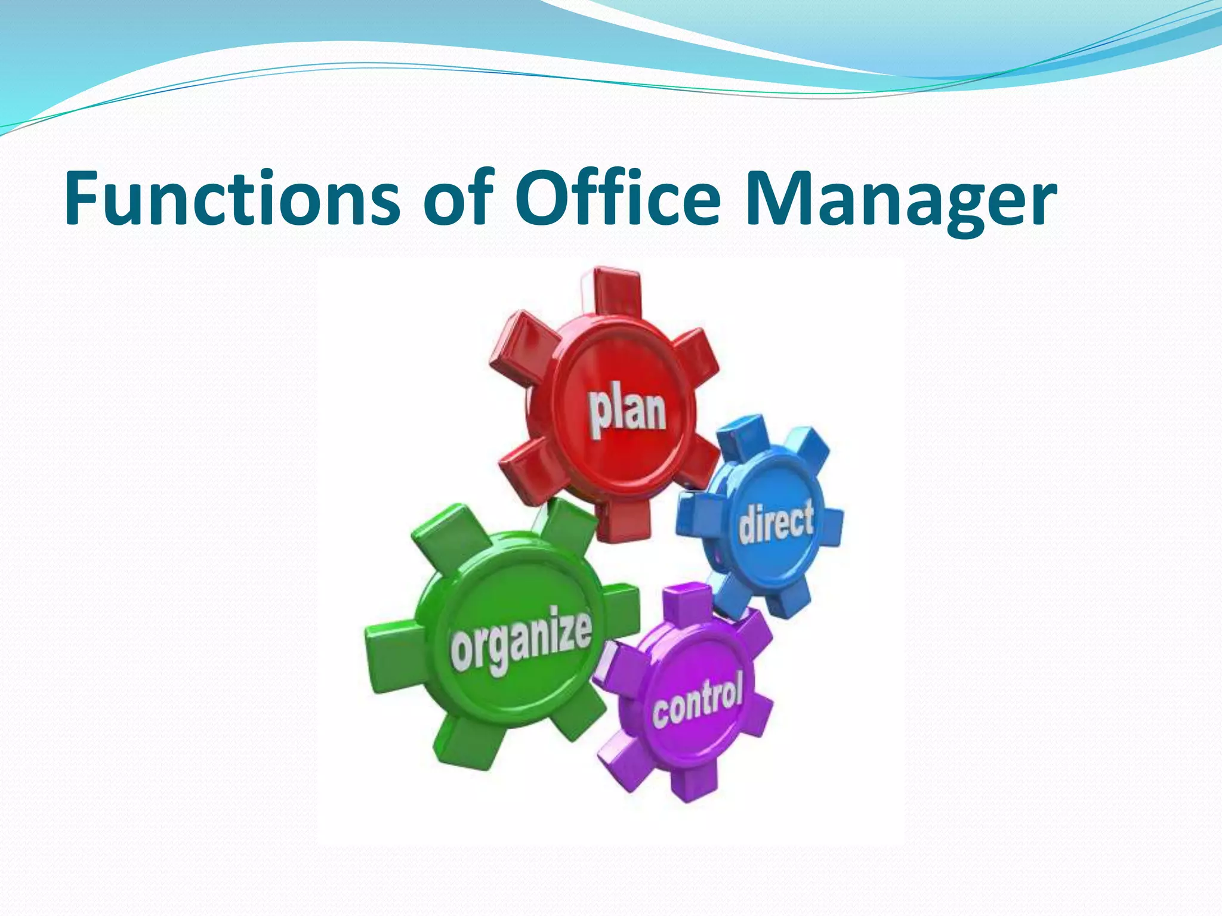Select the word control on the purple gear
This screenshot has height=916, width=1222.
coord(698,699)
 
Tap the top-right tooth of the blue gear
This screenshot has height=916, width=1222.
coord(806,447)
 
